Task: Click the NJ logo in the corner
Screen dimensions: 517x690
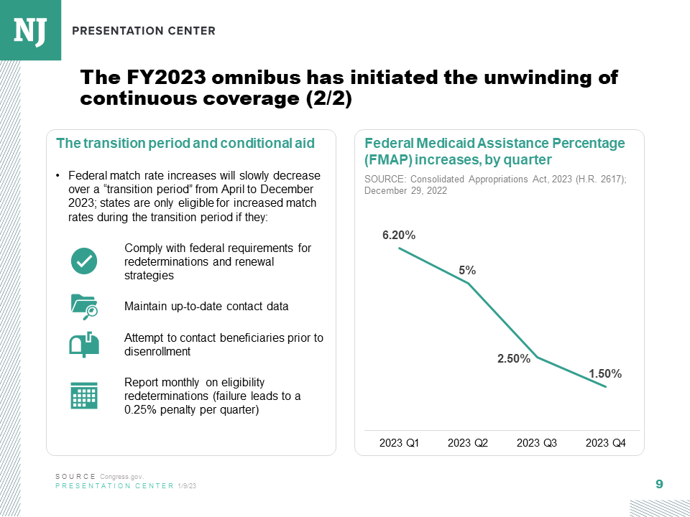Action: (30, 29)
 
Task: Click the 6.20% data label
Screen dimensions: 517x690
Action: (399, 235)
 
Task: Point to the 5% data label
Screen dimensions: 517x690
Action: (467, 270)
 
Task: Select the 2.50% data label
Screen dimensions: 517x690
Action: (514, 358)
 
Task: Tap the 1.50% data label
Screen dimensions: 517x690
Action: (605, 373)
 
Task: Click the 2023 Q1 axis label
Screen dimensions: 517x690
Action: (399, 443)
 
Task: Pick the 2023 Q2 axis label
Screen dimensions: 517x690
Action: (468, 443)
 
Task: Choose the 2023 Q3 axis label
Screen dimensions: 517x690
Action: (537, 443)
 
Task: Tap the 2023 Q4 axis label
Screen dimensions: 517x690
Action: (606, 443)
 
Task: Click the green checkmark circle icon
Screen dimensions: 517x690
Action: (84, 260)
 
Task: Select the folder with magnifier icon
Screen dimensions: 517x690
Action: (84, 306)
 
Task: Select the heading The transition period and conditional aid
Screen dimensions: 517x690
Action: (185, 143)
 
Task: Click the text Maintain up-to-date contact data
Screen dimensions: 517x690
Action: (206, 307)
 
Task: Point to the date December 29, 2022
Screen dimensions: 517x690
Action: (406, 191)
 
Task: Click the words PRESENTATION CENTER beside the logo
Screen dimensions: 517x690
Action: (144, 31)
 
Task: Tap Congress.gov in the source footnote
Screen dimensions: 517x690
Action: (122, 477)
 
